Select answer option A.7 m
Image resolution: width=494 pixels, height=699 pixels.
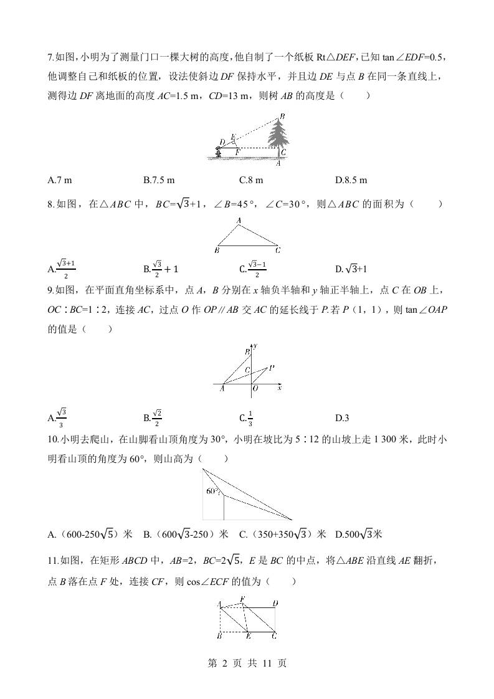60,180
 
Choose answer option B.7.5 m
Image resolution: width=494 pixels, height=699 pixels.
159,180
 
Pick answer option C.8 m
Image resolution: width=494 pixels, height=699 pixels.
251,180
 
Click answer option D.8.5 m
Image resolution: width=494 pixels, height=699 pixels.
351,180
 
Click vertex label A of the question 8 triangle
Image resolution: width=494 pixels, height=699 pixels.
239,220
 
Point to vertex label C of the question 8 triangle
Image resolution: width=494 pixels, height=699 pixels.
278,250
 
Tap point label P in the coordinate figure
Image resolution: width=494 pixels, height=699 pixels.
272,367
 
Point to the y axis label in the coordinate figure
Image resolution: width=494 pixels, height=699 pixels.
255,346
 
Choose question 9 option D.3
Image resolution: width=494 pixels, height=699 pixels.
341,417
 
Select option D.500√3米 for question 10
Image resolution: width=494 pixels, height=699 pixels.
358,534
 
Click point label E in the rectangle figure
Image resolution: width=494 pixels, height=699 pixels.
247,636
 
